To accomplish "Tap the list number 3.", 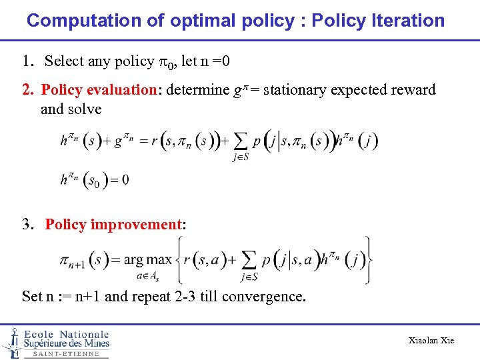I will coord(27,225).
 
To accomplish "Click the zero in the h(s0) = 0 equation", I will coord(124,180).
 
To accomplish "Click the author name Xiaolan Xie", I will coord(431,341).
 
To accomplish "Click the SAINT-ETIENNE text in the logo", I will coord(66,354).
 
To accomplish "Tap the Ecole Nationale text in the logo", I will coord(66,334).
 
